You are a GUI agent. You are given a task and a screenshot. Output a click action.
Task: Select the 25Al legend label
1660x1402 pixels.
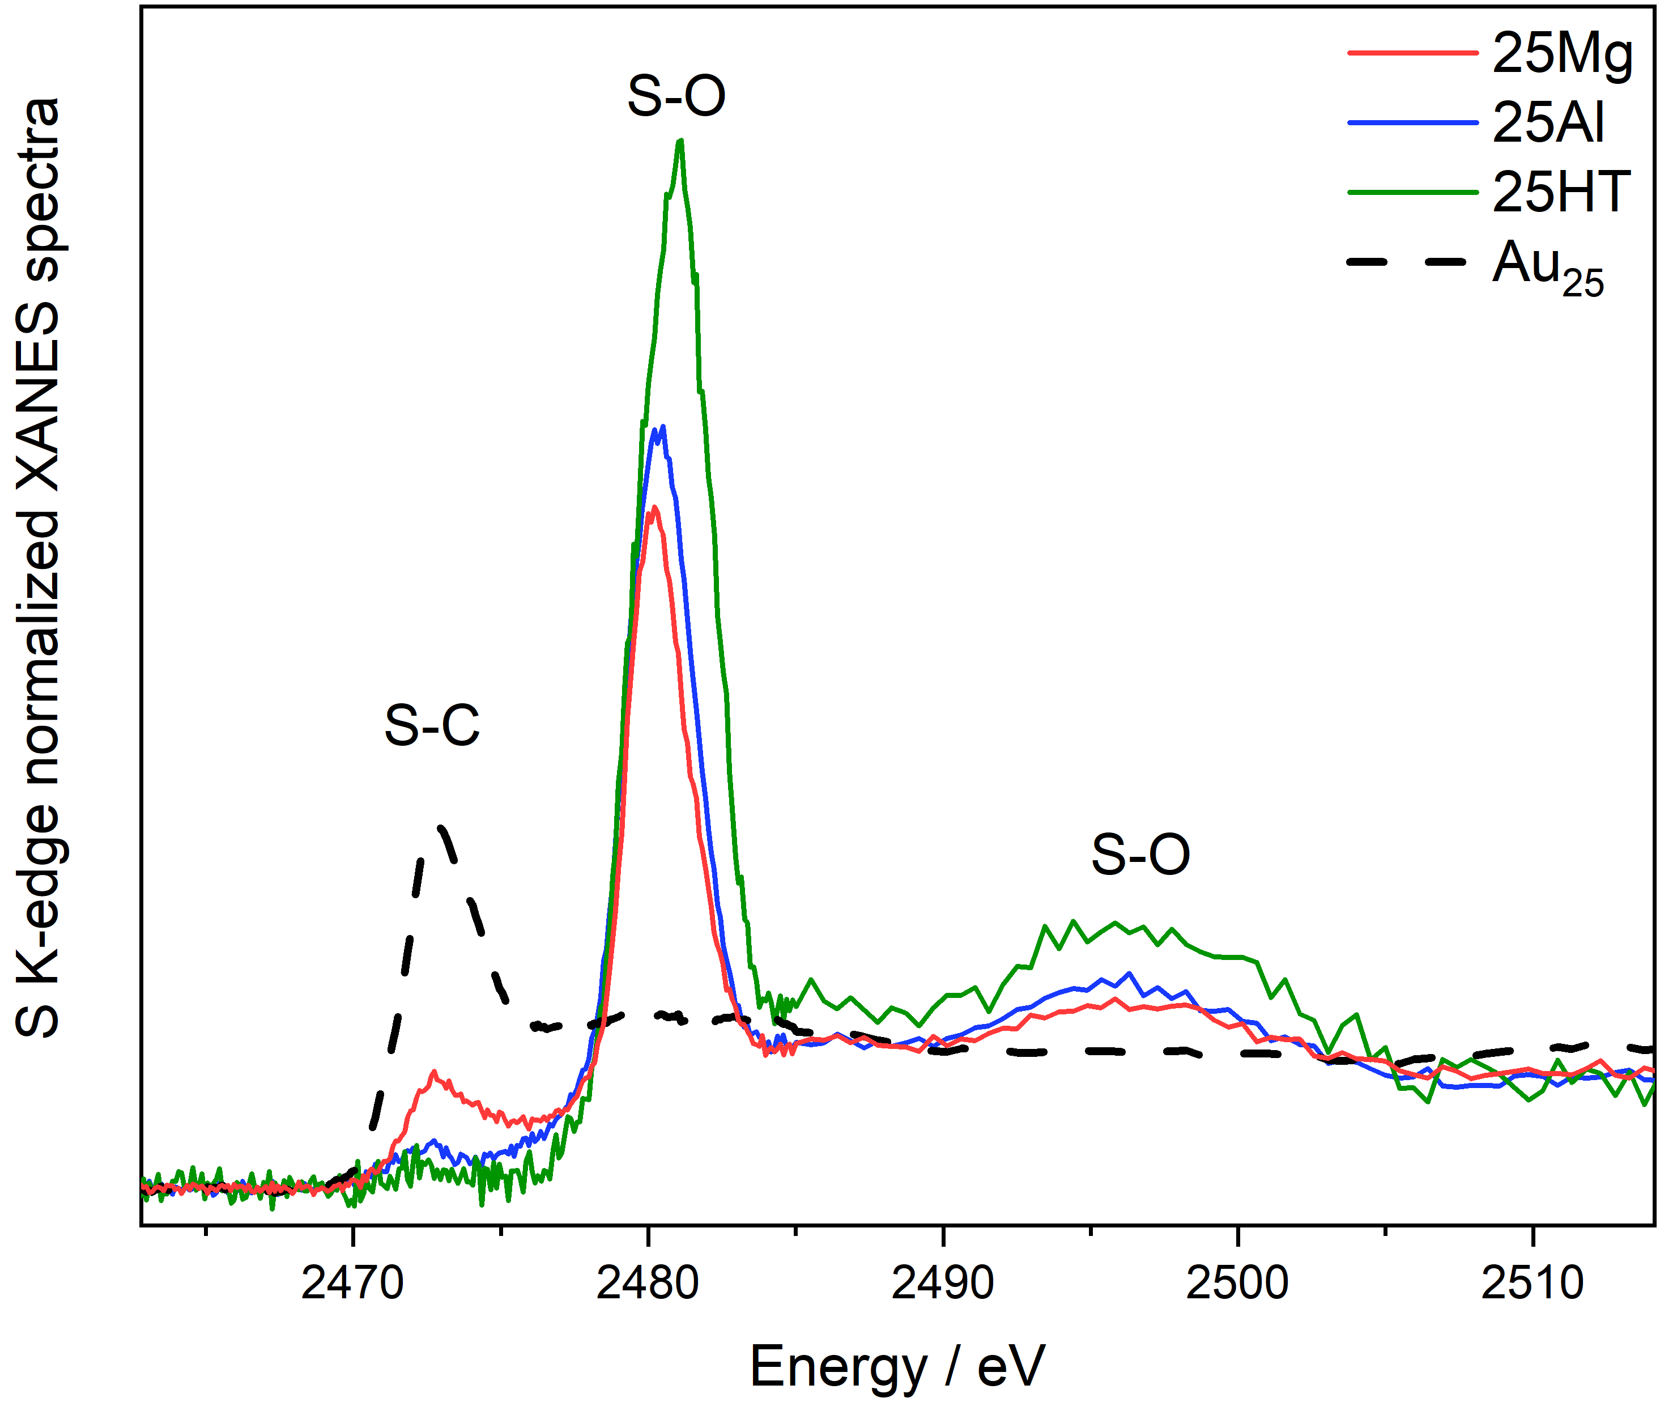[1548, 123]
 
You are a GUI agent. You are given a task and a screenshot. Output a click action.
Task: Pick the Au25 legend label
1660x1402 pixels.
[1548, 266]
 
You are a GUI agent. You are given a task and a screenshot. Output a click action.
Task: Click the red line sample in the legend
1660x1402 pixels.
[1412, 53]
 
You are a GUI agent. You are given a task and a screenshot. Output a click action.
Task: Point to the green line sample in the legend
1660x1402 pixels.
[1412, 192]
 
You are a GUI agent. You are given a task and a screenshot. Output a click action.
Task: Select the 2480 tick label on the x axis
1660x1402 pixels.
[648, 1283]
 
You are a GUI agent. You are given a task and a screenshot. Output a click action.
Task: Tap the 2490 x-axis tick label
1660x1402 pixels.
[942, 1283]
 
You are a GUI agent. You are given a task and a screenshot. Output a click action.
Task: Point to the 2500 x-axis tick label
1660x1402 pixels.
[1237, 1283]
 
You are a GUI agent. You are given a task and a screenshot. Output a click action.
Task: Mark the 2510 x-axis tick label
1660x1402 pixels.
[1532, 1283]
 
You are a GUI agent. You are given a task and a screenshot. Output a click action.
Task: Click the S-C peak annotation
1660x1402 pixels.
[432, 725]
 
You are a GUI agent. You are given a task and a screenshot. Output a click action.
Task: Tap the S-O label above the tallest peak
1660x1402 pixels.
[676, 97]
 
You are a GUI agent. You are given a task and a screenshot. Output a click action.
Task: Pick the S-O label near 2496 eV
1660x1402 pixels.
[1140, 855]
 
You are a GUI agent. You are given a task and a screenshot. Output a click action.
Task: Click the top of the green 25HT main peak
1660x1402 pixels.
[679, 142]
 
